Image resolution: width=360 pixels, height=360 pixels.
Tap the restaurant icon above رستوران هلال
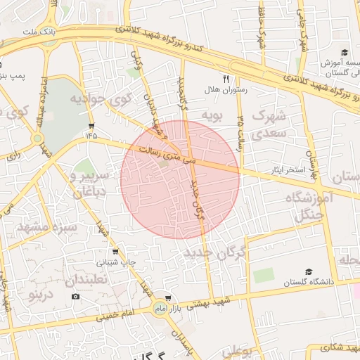pyautogui.click(x=226, y=79)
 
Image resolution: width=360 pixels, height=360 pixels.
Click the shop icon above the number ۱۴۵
pyautogui.click(x=91, y=126)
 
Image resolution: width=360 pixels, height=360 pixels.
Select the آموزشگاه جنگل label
pyautogui.click(x=308, y=206)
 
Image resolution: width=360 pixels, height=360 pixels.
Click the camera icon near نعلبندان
pyautogui.click(x=75, y=296)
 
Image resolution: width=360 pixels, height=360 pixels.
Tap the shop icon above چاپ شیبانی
pyautogui.click(x=115, y=251)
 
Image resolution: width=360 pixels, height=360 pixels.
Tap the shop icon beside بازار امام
pyautogui.click(x=167, y=298)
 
